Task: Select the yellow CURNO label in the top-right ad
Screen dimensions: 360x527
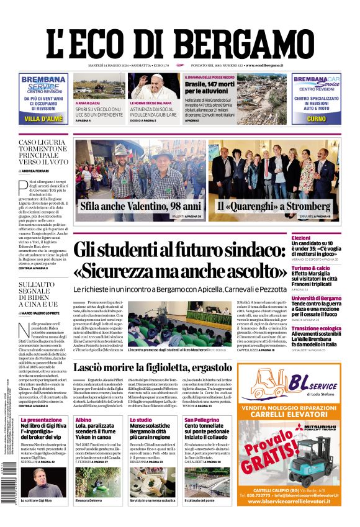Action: (316, 119)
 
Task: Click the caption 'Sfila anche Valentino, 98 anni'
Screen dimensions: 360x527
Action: (140, 205)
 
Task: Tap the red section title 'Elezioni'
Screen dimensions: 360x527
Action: (318, 238)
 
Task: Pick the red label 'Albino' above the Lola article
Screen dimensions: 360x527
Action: (83, 420)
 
